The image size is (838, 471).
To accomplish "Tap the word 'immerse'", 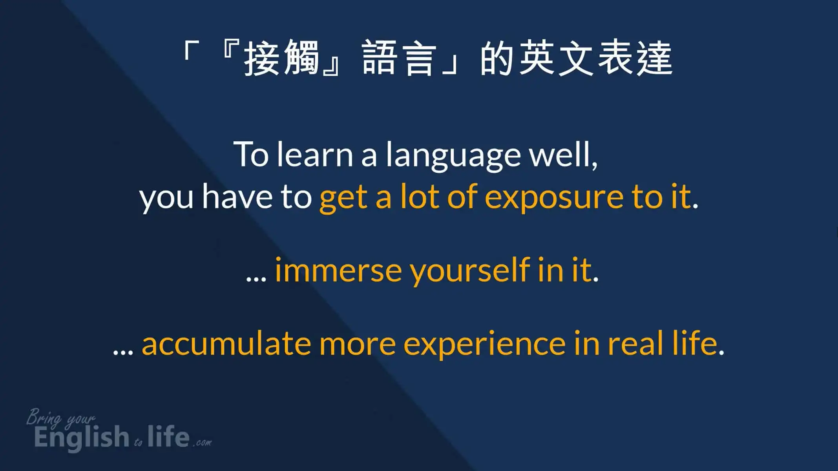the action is [x=338, y=270].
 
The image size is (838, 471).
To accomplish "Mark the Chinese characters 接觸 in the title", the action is [x=281, y=58].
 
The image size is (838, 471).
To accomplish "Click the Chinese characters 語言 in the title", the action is [x=399, y=58].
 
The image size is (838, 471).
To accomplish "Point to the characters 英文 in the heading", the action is [x=556, y=58].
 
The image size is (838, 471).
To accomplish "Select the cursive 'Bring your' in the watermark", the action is [x=61, y=418].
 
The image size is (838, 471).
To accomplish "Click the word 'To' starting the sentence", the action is [x=251, y=154].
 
